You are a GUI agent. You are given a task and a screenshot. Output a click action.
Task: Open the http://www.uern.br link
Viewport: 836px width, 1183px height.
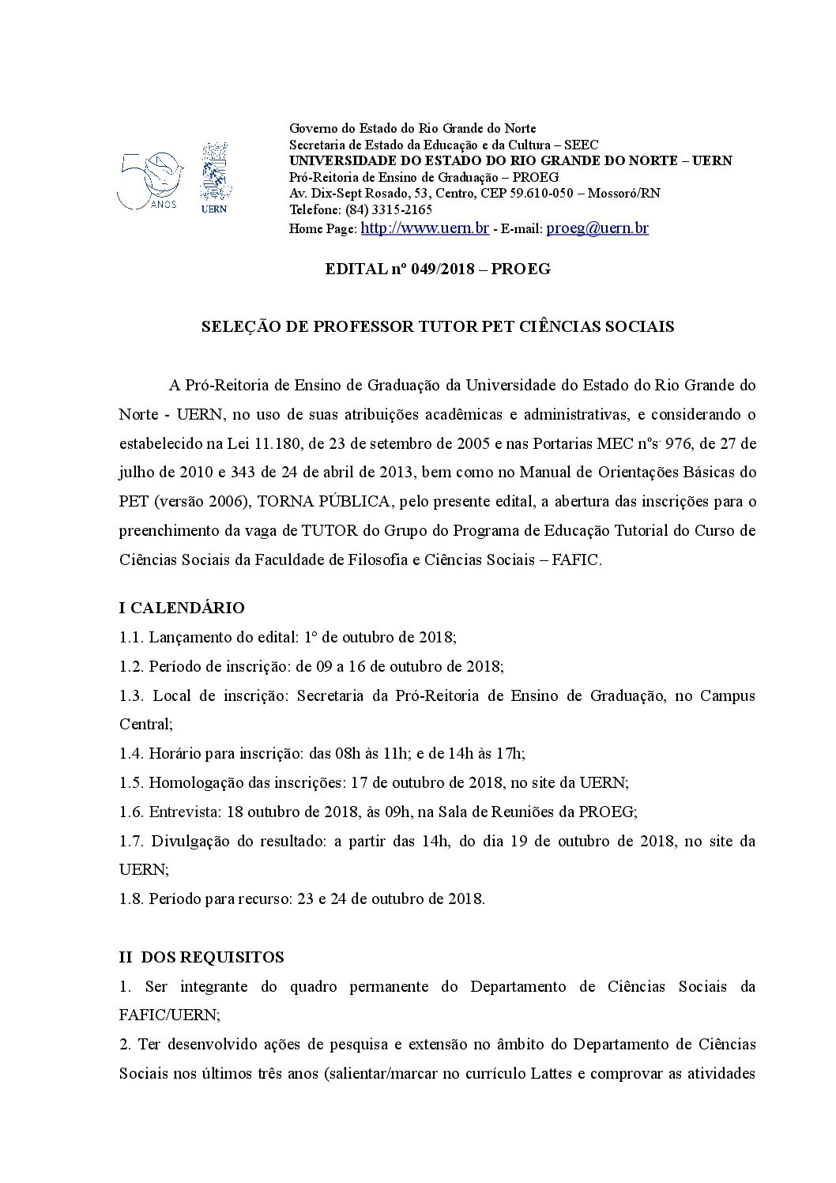click(424, 228)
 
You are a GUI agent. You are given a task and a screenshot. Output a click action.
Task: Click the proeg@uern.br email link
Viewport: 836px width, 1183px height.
click(597, 228)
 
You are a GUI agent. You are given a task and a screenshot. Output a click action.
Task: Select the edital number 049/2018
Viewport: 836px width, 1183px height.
click(439, 269)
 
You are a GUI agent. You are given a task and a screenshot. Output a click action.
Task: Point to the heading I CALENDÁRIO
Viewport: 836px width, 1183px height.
click(182, 608)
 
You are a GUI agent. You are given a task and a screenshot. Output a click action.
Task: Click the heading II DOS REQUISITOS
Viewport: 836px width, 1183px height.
click(201, 957)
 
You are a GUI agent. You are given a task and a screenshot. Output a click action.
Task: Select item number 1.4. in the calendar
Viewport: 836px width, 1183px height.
click(130, 753)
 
